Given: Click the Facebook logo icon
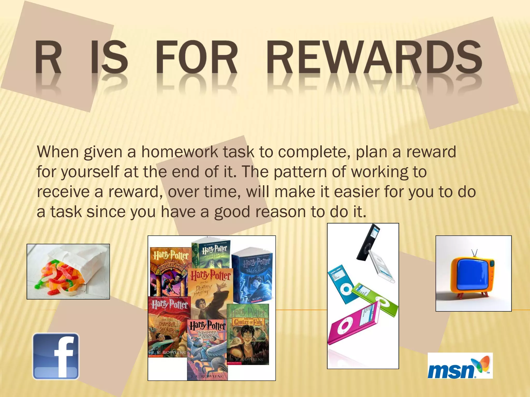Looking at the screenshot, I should [56, 356].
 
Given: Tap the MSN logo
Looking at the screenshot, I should [460, 366].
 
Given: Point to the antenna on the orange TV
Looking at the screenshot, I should [474, 253].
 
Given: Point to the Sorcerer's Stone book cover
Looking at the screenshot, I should [170, 271].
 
